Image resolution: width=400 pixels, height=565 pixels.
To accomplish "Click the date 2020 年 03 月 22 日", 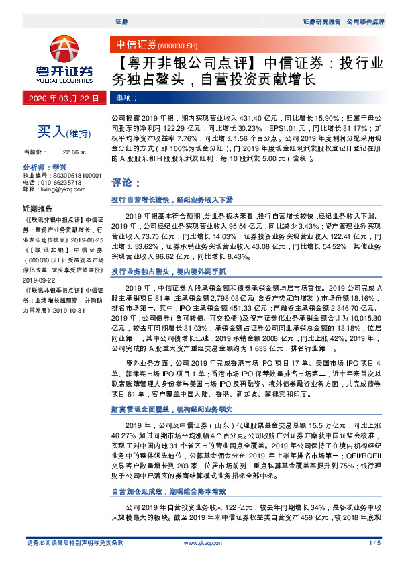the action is pyautogui.click(x=65, y=98).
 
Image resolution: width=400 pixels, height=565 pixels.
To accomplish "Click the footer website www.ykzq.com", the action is pyautogui.click(x=199, y=542).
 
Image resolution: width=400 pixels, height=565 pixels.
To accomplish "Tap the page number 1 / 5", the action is pyautogui.click(x=374, y=542).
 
